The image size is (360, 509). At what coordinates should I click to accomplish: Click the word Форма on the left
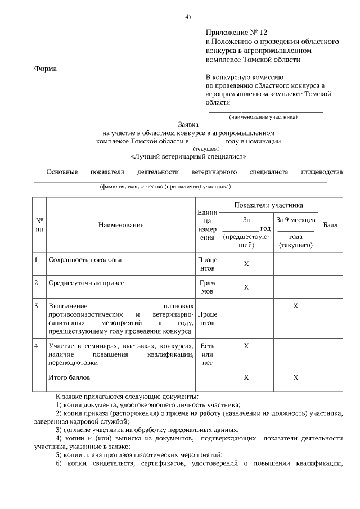pyautogui.click(x=46, y=69)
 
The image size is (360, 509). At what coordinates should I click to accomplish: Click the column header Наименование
pyautogui.click(x=121, y=225)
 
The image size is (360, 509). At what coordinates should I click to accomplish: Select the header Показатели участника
pyautogui.click(x=269, y=205)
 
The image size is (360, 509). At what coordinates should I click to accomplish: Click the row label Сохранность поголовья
pyautogui.click(x=85, y=260)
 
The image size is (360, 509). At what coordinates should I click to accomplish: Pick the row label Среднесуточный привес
pyautogui.click(x=86, y=283)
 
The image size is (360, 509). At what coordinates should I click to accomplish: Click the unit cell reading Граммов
pyautogui.click(x=208, y=287)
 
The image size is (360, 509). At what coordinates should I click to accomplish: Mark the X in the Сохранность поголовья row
pyautogui.click(x=246, y=264)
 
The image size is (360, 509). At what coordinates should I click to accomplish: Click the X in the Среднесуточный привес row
pyautogui.click(x=246, y=287)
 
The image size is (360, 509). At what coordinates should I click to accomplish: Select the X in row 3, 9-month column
pyautogui.click(x=296, y=305)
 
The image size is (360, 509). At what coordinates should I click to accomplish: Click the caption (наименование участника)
pyautogui.click(x=263, y=117)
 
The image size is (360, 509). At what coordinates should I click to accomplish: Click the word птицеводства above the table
pyautogui.click(x=322, y=172)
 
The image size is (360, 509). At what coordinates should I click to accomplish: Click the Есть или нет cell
pyautogui.click(x=208, y=354)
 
